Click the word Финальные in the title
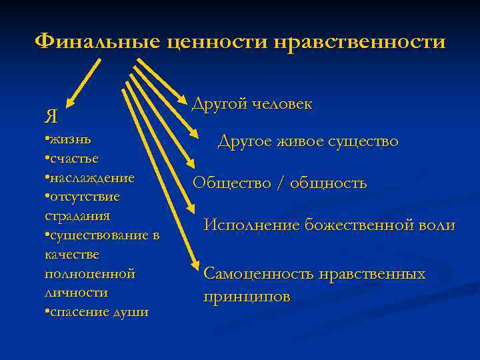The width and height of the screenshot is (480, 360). (x=98, y=42)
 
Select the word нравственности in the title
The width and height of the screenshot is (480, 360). (x=361, y=42)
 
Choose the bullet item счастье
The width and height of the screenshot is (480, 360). (x=72, y=159)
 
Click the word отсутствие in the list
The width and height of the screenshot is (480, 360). (x=83, y=197)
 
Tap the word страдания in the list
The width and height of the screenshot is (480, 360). (x=77, y=216)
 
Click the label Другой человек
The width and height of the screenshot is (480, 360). (x=251, y=104)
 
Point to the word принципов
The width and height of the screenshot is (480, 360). (x=247, y=297)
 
